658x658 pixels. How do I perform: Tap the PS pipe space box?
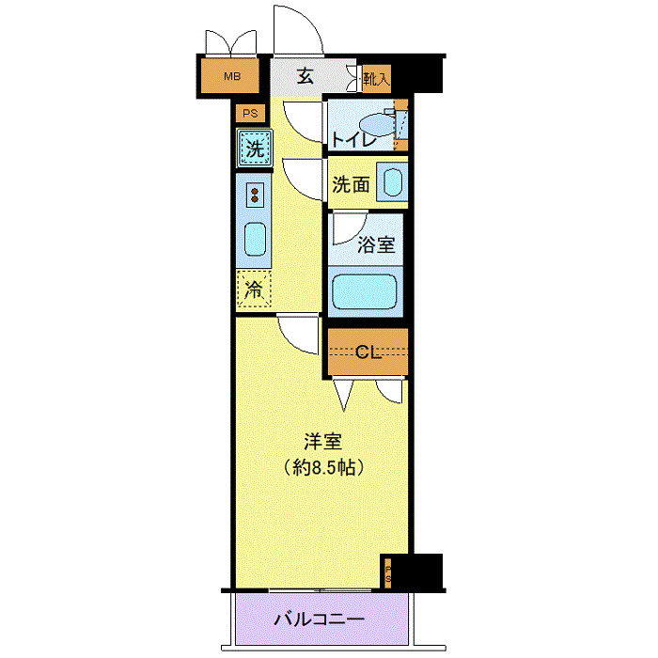point(249,114)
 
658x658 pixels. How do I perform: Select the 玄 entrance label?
point(305,77)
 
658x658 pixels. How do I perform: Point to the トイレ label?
point(354,140)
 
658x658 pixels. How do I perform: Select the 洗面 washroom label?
point(351,184)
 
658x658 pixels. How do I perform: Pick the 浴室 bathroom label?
point(376,246)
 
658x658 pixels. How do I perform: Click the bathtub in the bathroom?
point(366,291)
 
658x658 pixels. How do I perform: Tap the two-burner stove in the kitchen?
point(255,195)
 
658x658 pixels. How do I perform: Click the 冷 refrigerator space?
point(254,290)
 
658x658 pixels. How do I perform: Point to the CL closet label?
point(367,353)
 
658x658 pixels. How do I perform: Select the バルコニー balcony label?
point(320,620)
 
